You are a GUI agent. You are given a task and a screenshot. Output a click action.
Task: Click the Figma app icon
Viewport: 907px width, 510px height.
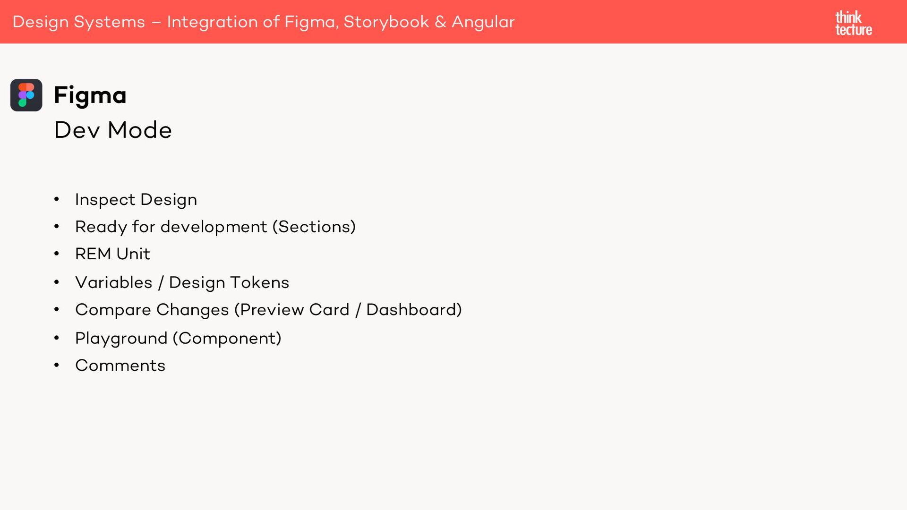(x=26, y=95)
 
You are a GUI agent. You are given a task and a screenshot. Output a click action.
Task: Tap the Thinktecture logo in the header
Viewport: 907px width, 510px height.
(x=853, y=23)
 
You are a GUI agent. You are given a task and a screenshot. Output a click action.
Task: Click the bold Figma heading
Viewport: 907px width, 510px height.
(x=90, y=95)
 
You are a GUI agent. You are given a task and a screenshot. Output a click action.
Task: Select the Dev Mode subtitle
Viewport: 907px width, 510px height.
(x=113, y=130)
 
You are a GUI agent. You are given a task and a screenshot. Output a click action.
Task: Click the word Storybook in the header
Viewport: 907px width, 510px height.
(x=386, y=22)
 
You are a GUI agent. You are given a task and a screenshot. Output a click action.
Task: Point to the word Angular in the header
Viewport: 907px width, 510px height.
(x=483, y=22)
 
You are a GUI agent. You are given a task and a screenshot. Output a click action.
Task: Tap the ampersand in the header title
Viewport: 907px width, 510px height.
(x=440, y=22)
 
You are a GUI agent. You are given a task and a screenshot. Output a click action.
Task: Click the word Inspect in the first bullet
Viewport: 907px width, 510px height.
(x=105, y=199)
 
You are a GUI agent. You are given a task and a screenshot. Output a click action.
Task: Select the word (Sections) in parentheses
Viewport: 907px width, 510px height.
(x=314, y=227)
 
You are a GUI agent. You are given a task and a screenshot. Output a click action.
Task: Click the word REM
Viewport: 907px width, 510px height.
(x=93, y=254)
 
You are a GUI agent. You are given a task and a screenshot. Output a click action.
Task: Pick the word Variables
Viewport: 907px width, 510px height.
(x=114, y=282)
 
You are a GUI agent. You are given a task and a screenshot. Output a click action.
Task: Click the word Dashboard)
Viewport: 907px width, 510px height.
(x=414, y=310)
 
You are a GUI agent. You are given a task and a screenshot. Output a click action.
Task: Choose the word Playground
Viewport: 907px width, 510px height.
(x=121, y=338)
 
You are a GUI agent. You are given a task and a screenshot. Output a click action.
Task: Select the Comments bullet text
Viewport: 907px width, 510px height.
(x=120, y=365)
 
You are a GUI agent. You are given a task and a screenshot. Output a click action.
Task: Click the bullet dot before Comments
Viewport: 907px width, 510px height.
(x=57, y=365)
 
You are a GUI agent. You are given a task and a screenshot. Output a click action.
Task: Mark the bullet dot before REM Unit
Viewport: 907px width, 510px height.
(x=57, y=254)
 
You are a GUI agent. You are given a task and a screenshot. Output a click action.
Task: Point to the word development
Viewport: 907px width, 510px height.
(x=214, y=227)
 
